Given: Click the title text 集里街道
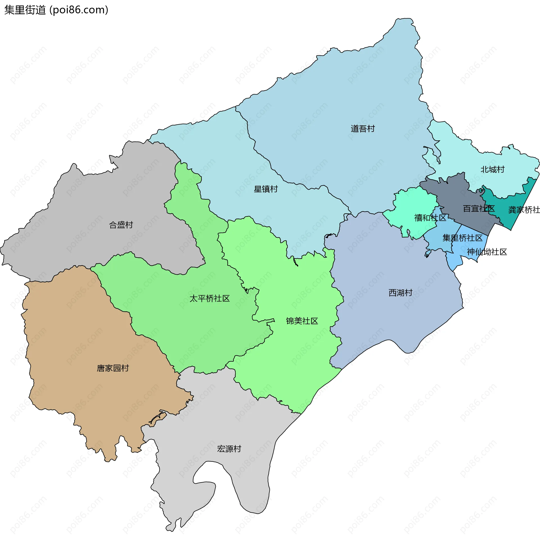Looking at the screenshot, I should (x=25, y=10).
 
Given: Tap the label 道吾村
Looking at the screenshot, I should (x=363, y=129).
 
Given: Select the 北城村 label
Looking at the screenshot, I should (x=492, y=170).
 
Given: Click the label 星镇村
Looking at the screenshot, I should (x=265, y=189).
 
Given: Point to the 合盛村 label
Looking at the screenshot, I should (x=121, y=225).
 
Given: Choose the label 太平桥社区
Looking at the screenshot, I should (x=209, y=299).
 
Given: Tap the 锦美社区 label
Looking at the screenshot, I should (x=302, y=321).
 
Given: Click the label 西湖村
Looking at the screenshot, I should (x=400, y=293).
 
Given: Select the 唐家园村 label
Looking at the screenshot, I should (x=113, y=368).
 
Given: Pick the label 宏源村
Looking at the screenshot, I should (x=229, y=449).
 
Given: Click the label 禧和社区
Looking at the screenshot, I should (x=430, y=218).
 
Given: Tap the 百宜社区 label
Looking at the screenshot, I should (x=479, y=209).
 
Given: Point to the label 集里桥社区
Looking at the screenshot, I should (x=462, y=238).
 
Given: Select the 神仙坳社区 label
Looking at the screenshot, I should (x=487, y=252).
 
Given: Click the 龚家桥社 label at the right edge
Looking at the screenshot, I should (x=524, y=210).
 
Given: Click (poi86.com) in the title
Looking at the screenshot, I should (x=79, y=10).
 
